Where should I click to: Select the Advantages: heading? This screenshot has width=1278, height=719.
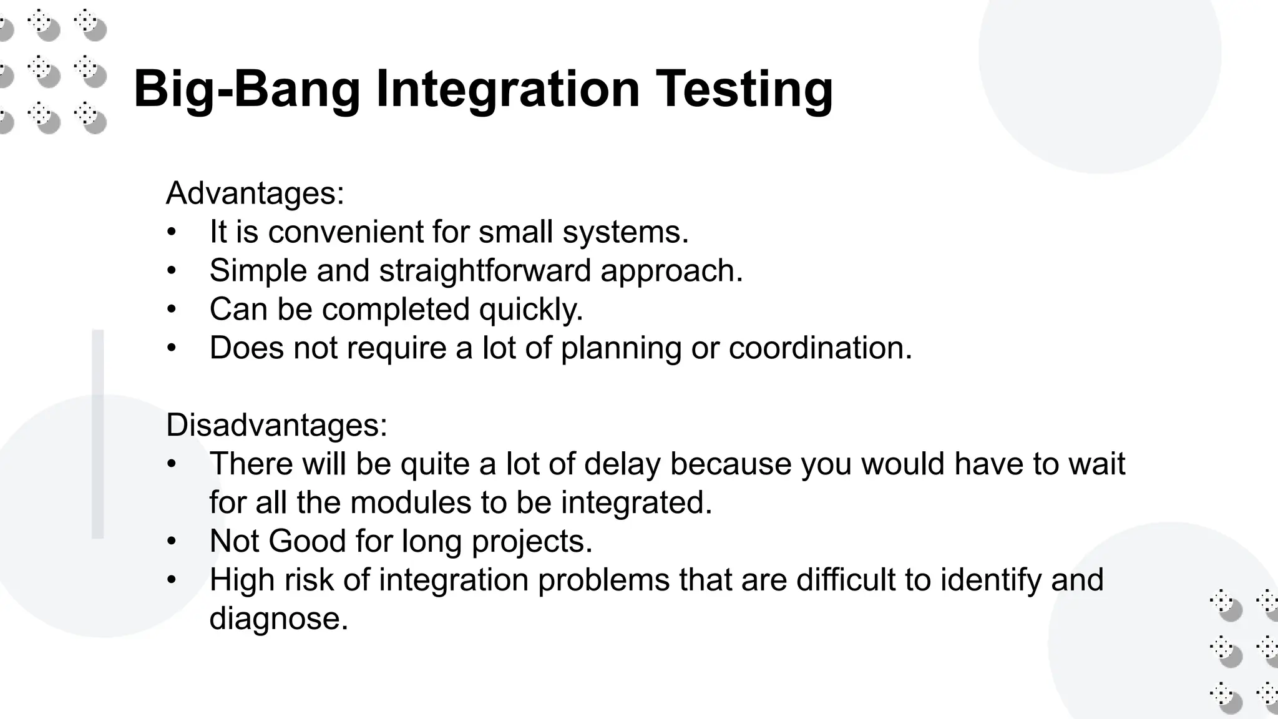255,193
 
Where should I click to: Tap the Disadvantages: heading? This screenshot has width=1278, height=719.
276,425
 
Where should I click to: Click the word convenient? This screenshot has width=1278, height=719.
346,232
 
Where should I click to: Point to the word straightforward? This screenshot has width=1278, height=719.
485,270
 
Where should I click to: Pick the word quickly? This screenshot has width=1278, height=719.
530,310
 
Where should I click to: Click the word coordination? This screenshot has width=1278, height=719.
820,348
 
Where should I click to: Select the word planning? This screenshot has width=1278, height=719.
621,349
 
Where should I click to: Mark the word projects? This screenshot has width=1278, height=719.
532,542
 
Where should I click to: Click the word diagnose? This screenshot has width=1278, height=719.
278,619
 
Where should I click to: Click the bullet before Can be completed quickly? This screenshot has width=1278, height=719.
172,309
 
